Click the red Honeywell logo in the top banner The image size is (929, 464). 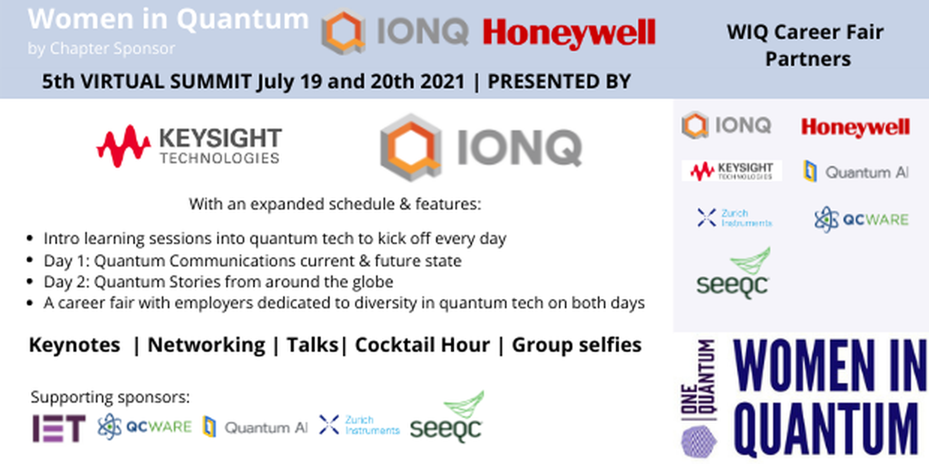tap(569, 33)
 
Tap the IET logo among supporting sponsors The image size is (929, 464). tap(59, 428)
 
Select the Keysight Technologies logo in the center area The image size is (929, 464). tap(190, 146)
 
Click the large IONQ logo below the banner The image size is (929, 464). tap(481, 147)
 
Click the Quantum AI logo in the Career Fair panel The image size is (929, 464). tap(856, 171)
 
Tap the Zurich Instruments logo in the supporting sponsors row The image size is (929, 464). tap(359, 425)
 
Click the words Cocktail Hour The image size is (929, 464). tap(422, 345)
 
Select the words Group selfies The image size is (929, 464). tap(576, 345)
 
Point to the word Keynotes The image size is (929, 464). tap(75, 345)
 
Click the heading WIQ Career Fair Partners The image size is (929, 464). tap(806, 45)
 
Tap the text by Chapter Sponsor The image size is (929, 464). tap(101, 49)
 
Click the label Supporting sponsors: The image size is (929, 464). tap(110, 397)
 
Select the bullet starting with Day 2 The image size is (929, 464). tap(218, 282)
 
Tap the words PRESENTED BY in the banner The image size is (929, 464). tap(559, 82)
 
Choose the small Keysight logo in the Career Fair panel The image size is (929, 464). tap(732, 171)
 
